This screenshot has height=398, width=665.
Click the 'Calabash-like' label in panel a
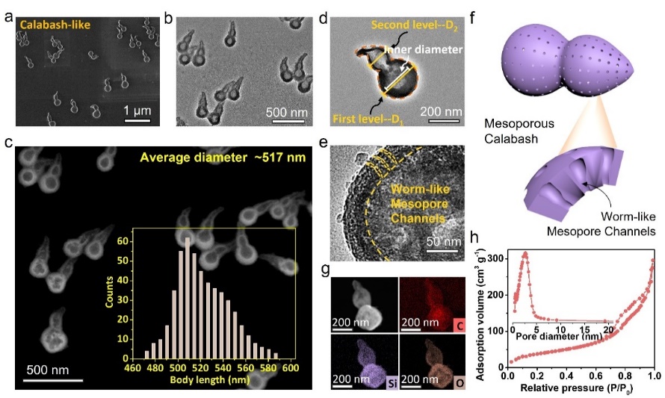click(x=54, y=25)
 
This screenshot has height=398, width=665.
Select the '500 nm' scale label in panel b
click(x=287, y=114)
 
